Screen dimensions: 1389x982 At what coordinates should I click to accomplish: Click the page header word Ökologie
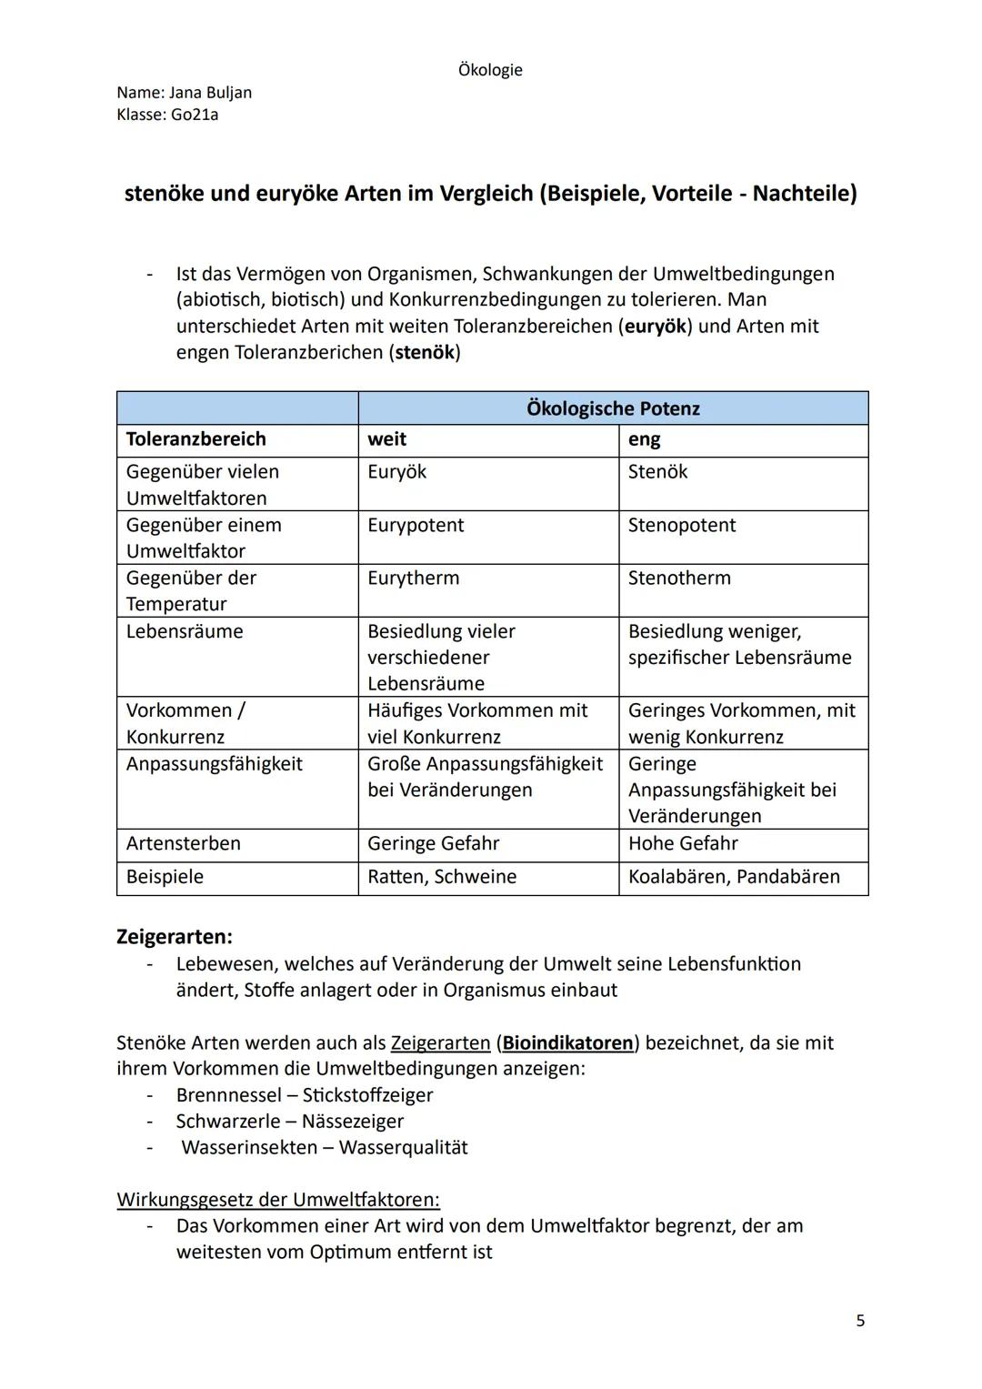490,70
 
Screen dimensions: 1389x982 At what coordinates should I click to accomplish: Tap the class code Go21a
195,116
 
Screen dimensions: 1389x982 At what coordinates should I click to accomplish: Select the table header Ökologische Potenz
613,408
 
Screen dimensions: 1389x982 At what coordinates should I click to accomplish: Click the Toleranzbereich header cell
196,439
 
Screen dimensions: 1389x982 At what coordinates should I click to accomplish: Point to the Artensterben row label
184,843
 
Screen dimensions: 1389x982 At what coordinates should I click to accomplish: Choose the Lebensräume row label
185,631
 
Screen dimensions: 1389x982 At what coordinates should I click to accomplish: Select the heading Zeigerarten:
175,936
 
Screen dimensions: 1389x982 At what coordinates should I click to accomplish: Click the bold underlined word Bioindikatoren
567,1043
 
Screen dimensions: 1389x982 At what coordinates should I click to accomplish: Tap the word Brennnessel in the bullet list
228,1095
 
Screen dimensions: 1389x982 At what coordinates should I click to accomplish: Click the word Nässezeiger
353,1122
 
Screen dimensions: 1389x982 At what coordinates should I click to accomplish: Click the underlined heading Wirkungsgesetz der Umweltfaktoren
278,1200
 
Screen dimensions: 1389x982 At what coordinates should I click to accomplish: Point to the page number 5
860,1321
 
